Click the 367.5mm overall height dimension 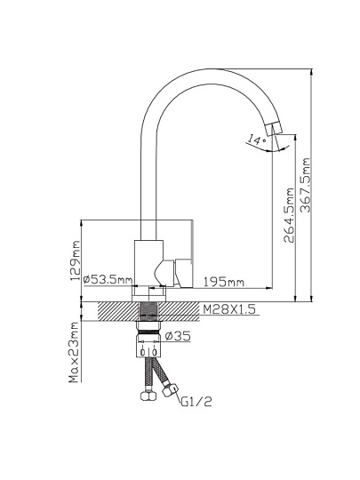pyautogui.click(x=306, y=185)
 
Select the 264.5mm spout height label pyautogui.click(x=289, y=215)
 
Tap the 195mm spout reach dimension pyautogui.click(x=224, y=282)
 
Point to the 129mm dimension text pyautogui.click(x=76, y=260)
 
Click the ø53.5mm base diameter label pyautogui.click(x=108, y=279)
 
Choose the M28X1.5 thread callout pyautogui.click(x=229, y=309)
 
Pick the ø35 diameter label pyautogui.click(x=178, y=336)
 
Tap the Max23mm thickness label pyautogui.click(x=74, y=352)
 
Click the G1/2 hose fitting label pyautogui.click(x=196, y=401)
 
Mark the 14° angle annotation pyautogui.click(x=257, y=140)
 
